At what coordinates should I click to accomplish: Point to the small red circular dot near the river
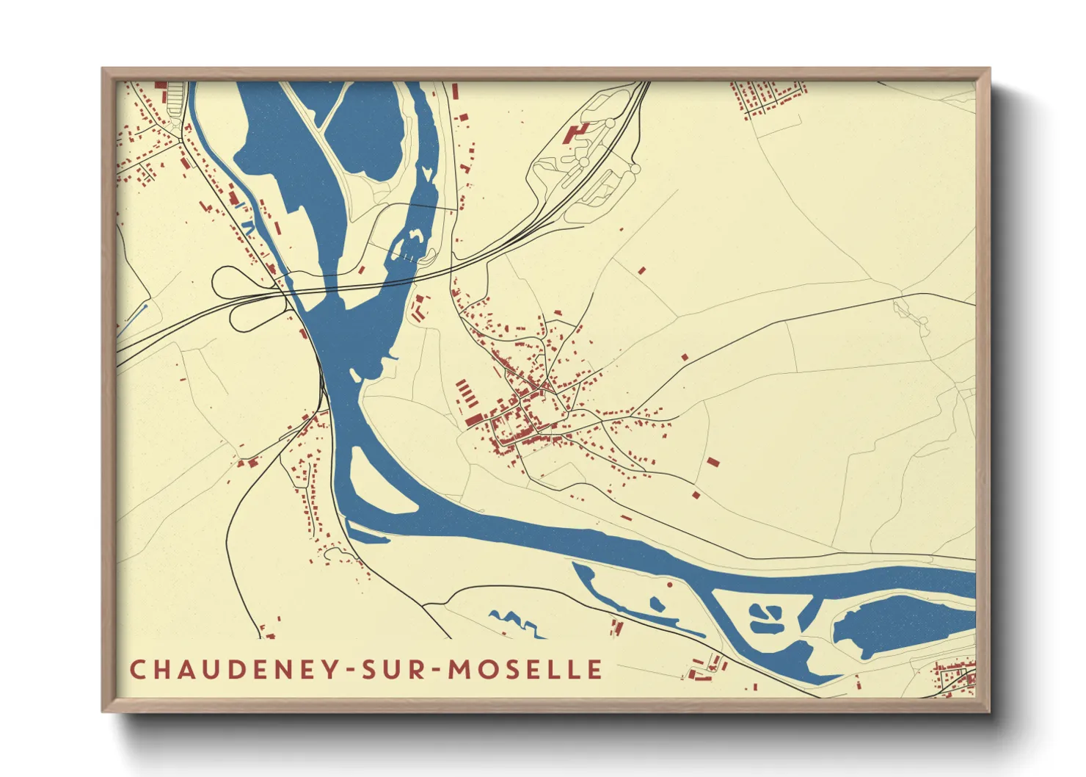[670, 585]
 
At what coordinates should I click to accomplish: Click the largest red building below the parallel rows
[474, 419]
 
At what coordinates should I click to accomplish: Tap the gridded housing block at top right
[767, 97]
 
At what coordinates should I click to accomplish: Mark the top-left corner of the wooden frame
[103, 69]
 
